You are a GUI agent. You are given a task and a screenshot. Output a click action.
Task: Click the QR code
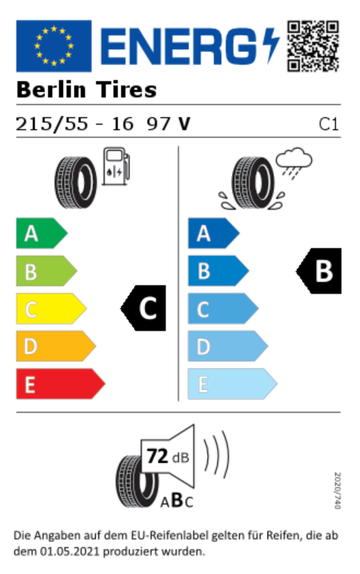point(313,46)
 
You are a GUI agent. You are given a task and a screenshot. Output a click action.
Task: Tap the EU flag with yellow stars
point(54,46)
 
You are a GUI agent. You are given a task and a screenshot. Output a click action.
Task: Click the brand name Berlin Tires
point(87,89)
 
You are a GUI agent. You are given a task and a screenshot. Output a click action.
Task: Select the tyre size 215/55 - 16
point(74,124)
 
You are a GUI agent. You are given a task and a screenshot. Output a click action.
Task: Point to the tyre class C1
point(329,124)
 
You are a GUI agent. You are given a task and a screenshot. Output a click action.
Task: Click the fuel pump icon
point(116,166)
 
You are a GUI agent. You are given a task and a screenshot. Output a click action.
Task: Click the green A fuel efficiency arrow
point(41,234)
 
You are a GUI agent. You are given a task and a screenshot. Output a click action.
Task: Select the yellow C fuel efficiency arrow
point(51,308)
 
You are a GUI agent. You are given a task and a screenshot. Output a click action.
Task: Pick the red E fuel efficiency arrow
point(61,384)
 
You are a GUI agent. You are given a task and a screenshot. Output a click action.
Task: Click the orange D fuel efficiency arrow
point(56,346)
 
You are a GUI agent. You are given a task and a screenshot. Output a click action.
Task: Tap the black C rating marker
point(143,308)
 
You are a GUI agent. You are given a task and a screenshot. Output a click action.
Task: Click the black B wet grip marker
point(319,271)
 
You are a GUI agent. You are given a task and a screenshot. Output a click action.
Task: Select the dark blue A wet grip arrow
point(214,234)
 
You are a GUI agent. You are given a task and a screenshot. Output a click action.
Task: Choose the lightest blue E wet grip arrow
point(233,384)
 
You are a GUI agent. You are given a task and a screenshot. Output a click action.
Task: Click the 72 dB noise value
point(168,456)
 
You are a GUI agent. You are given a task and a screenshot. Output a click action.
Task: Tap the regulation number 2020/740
point(337,490)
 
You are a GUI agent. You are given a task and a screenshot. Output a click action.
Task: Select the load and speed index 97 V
point(168,124)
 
